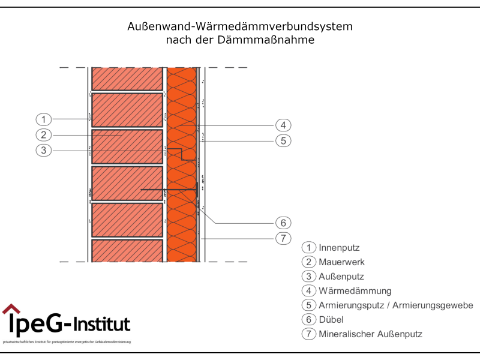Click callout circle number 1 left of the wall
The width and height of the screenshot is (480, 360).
pos(44,118)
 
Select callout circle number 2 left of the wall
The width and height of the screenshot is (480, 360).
pos(44,134)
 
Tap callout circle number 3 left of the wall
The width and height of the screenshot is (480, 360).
pos(44,150)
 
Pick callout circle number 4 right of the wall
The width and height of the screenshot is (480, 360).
pos(283,125)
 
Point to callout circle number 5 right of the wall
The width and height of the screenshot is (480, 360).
pos(283,141)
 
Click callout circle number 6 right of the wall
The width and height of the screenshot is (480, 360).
pos(283,223)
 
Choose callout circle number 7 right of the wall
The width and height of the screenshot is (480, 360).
pos(283,238)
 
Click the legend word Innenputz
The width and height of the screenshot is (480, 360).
pos(339,247)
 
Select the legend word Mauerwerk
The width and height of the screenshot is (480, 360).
pos(341,262)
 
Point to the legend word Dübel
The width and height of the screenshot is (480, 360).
pos(331,320)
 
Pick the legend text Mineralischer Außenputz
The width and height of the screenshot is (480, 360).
pos(366,334)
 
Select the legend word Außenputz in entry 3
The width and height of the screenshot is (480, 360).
pos(341,277)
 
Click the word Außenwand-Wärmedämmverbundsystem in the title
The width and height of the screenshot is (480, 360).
pos(240,27)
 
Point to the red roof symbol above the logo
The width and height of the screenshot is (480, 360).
pos(11,309)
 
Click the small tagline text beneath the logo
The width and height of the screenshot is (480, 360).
pos(67,342)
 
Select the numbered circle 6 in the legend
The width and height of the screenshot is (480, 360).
pos(309,320)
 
